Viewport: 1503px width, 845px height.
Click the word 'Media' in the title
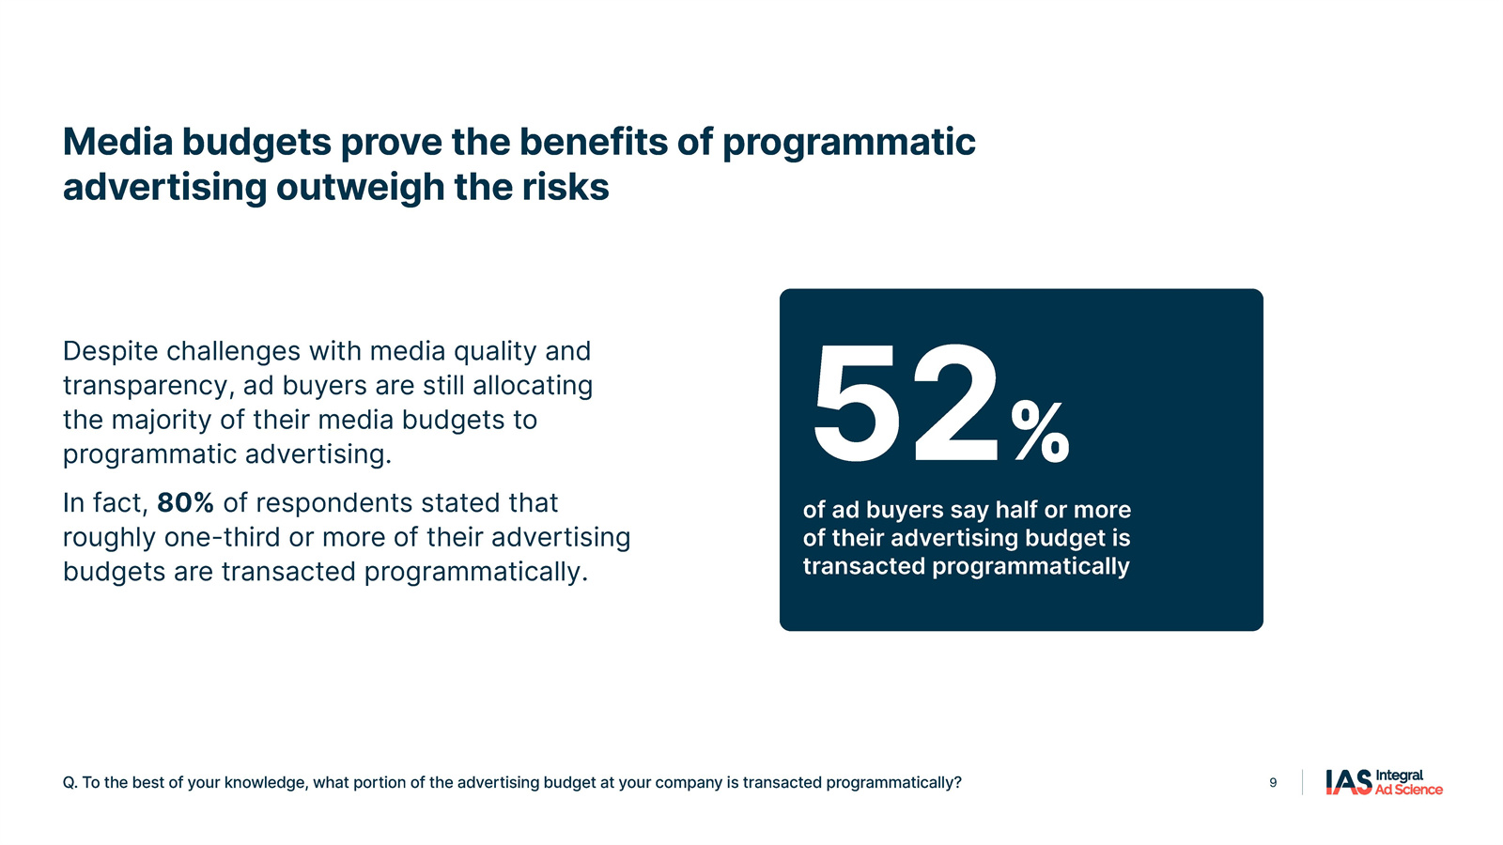point(118,142)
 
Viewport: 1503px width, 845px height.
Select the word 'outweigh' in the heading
point(361,187)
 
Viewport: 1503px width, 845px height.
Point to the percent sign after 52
point(1040,432)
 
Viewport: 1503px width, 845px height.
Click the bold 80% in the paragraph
point(185,502)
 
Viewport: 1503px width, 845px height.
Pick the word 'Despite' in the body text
point(110,351)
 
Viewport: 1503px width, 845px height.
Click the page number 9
point(1273,783)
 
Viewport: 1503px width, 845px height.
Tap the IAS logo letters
point(1349,782)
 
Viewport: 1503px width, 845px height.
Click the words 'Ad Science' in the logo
point(1408,790)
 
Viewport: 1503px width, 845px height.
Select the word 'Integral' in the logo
point(1399,776)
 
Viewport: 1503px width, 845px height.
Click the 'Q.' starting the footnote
point(70,783)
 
